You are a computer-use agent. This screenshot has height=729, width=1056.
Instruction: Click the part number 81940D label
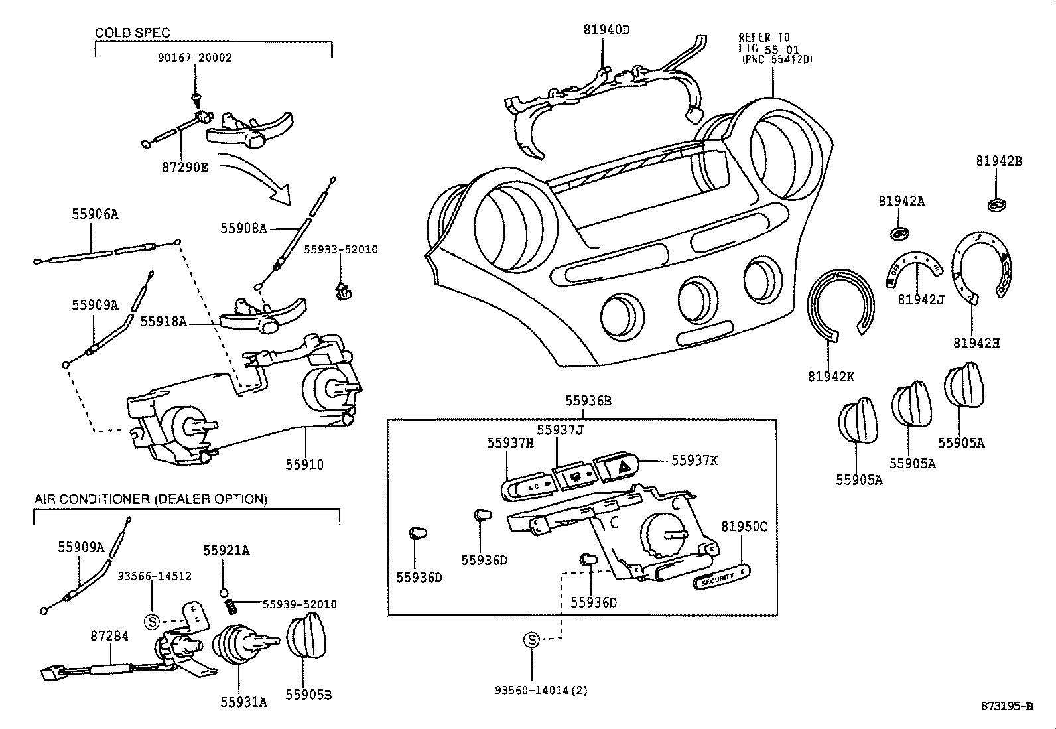pos(606,29)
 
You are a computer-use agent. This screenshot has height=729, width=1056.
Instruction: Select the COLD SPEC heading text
pos(133,33)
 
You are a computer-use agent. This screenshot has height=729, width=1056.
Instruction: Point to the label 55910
pos(304,464)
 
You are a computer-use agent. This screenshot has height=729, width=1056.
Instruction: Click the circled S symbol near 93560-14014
pos(531,640)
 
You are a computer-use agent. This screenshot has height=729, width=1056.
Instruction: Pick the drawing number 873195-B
pos(1007,706)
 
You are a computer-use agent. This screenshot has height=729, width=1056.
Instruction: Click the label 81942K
pos(831,377)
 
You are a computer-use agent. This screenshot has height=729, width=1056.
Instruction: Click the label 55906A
pos(95,214)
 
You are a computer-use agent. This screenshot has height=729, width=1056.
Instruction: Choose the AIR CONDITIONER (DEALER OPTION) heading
pos(151,499)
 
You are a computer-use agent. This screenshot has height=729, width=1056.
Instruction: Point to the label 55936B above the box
pos(588,401)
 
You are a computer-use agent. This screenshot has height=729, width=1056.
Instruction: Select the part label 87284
pos(109,636)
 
